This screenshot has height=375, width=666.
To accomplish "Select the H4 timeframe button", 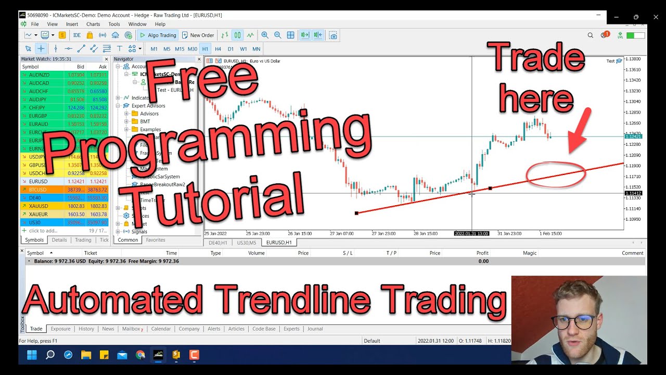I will [x=218, y=49].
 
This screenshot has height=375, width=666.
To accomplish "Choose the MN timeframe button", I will [x=256, y=49].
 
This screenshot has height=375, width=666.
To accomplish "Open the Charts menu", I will [x=93, y=24].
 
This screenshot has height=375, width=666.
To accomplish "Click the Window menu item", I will [x=137, y=24].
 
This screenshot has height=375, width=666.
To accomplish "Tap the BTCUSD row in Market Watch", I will [x=42, y=190].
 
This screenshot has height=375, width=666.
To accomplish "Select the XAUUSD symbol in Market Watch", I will [x=42, y=206].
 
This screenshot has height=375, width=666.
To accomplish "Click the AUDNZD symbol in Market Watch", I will [x=42, y=75].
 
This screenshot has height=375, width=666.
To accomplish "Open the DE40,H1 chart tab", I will [x=218, y=243].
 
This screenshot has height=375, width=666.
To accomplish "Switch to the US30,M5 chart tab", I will [x=247, y=243].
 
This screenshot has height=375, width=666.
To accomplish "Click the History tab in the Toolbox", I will [x=86, y=329].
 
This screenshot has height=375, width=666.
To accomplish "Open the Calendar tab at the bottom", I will [x=161, y=329].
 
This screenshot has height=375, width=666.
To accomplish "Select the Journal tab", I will [x=315, y=329].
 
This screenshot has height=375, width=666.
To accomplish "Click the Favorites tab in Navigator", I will [x=156, y=240].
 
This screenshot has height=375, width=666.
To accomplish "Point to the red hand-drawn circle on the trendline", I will [x=556, y=174].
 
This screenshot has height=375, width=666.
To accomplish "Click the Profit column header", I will [x=482, y=253].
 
